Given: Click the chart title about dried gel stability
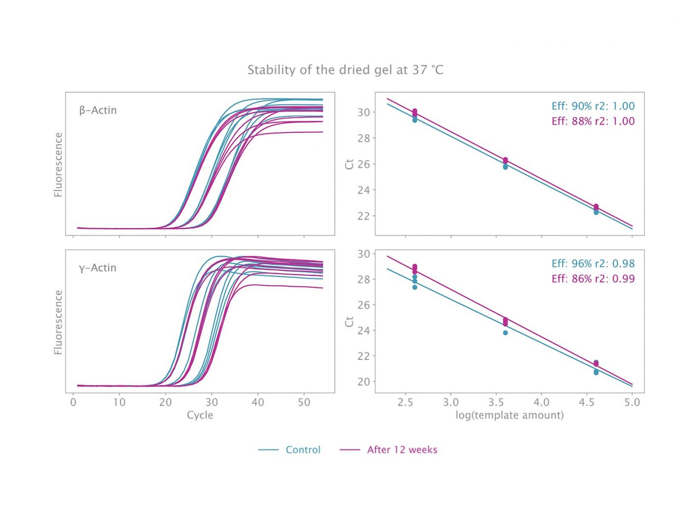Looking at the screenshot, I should click(345, 70).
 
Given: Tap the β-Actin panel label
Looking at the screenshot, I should click(98, 110).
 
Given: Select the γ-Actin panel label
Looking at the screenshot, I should click(98, 268).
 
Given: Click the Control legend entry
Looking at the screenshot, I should click(303, 450).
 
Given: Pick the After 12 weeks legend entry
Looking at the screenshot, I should click(402, 450).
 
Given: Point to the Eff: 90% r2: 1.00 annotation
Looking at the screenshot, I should click(593, 106).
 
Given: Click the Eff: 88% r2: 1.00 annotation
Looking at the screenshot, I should click(593, 121).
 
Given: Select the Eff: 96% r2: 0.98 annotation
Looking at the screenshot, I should click(593, 264).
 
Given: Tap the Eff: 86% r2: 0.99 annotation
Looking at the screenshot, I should click(593, 279).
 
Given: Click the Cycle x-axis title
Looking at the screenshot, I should click(200, 415).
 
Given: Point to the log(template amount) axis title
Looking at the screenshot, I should click(509, 415).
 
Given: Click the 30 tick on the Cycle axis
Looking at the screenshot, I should click(211, 402).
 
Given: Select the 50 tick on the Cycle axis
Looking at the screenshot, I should click(304, 402).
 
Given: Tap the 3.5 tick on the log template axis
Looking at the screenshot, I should click(496, 402).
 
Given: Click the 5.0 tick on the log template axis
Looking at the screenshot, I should click(632, 402).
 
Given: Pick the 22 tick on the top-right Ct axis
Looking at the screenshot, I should click(363, 216).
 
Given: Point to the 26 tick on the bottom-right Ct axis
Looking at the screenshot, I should click(363, 305).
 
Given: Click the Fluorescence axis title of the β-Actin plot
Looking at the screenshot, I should click(58, 165).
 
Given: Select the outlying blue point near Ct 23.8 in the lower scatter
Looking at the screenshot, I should click(505, 333).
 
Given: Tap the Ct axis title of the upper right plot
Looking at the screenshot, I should click(349, 164).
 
